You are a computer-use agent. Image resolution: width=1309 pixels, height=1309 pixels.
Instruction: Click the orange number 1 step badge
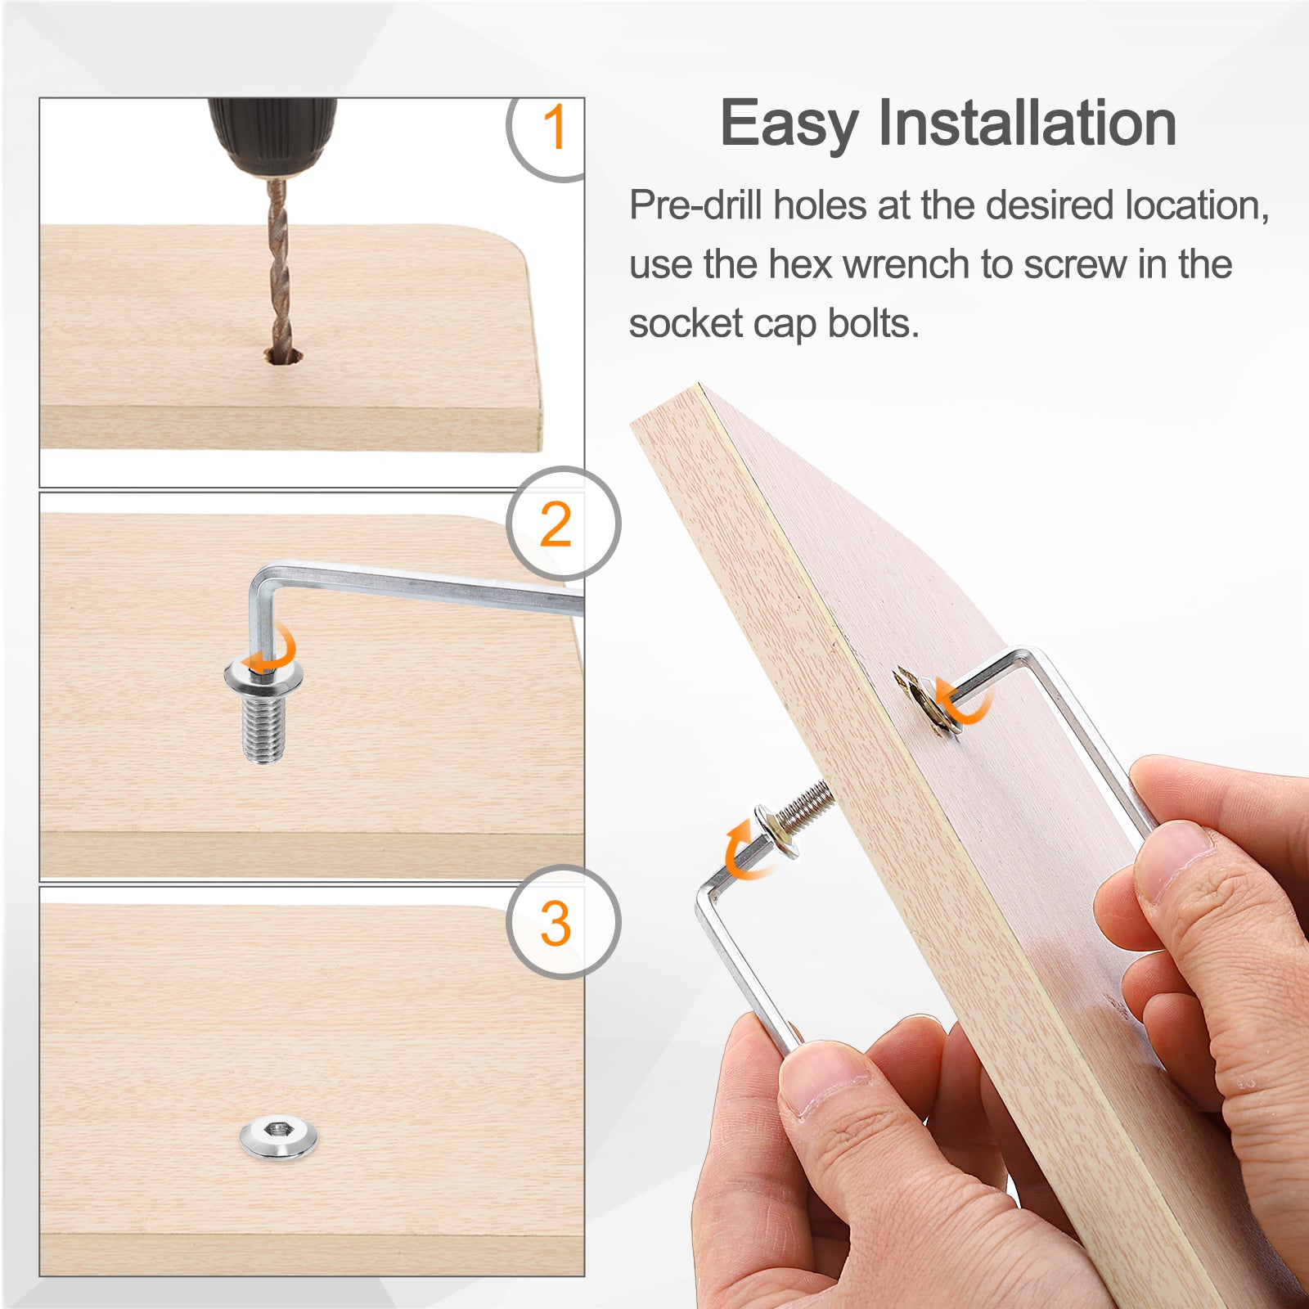tap(555, 128)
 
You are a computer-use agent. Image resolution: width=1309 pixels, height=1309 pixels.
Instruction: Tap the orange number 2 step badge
tap(556, 524)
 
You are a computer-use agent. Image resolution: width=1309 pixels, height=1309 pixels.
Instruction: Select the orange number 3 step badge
tap(556, 924)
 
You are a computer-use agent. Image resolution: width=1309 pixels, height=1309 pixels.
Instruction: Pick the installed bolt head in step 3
tap(278, 1136)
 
